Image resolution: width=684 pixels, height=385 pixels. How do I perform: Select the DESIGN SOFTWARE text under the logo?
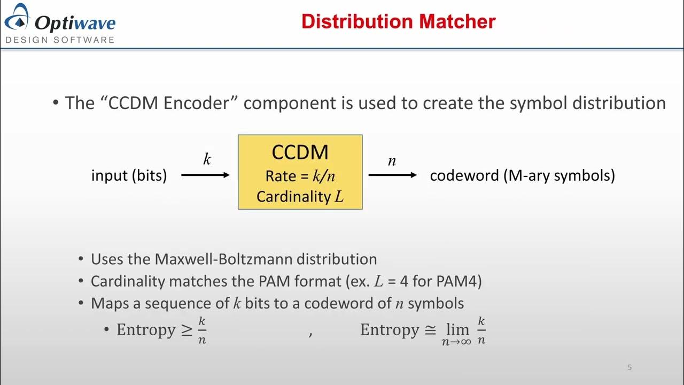(x=60, y=40)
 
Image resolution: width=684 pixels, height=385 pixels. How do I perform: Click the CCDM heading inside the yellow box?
(x=300, y=152)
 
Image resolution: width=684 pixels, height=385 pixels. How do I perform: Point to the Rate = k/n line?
(x=300, y=176)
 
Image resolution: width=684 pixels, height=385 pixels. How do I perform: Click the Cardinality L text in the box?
(x=300, y=197)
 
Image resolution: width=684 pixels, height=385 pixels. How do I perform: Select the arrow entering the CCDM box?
(x=206, y=175)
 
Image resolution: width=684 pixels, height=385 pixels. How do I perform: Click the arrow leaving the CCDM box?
(x=393, y=175)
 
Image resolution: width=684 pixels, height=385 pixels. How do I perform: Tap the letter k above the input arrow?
(x=207, y=159)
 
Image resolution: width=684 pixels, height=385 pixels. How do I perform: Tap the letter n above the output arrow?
(x=392, y=160)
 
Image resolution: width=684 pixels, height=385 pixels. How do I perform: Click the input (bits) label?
(x=129, y=175)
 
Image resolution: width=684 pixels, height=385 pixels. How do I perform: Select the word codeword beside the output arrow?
(x=464, y=175)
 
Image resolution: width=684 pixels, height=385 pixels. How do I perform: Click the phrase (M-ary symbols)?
(x=559, y=175)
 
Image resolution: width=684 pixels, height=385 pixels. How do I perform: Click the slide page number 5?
(x=629, y=367)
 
